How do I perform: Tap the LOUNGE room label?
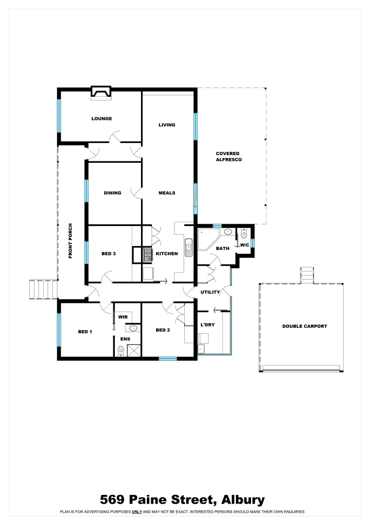102,119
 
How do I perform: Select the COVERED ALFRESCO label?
229,157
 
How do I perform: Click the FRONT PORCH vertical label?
70,241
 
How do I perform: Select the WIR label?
123,316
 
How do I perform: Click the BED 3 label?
108,254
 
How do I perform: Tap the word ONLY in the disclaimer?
137,512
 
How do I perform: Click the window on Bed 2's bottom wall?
168,359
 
